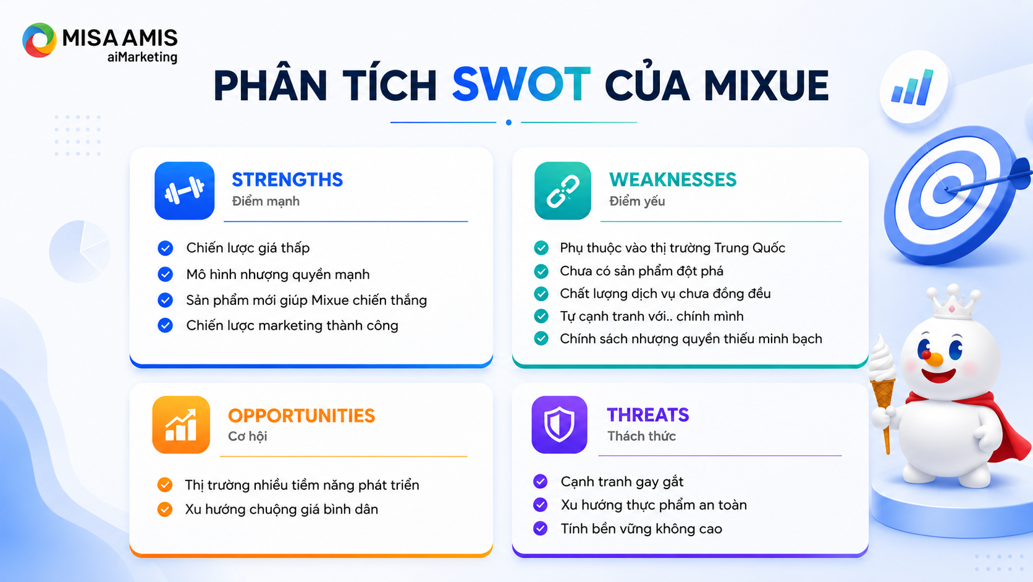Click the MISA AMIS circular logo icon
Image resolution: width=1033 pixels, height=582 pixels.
tap(39, 40)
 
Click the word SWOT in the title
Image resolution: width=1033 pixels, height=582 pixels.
tap(521, 85)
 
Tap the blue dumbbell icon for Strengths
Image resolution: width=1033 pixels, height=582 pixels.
tap(185, 190)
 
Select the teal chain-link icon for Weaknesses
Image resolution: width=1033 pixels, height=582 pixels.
tap(563, 190)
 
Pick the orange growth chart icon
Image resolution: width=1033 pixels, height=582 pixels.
tap(181, 425)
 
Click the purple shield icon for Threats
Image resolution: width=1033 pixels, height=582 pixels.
tap(559, 425)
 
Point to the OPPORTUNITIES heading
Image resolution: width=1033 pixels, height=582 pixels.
tap(301, 416)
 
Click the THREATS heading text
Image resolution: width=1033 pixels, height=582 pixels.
tap(648, 415)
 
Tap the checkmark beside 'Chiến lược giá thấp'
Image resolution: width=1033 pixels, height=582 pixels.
tap(165, 248)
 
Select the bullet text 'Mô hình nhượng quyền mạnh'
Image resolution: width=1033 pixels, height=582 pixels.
tap(277, 274)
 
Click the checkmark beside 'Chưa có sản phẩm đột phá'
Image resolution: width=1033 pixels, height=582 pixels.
tap(541, 271)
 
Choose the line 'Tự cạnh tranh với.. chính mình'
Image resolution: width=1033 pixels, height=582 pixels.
tap(652, 316)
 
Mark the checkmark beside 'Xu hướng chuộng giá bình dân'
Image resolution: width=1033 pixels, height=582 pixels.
tap(164, 509)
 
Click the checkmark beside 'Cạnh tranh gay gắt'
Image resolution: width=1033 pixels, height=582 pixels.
tap(540, 481)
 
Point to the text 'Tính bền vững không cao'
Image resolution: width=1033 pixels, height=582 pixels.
tap(641, 528)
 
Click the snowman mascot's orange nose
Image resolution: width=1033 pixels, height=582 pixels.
tap(935, 359)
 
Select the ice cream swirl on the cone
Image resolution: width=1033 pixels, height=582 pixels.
tap(882, 358)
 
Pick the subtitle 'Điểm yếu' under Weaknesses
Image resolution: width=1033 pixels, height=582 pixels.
tap(637, 201)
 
